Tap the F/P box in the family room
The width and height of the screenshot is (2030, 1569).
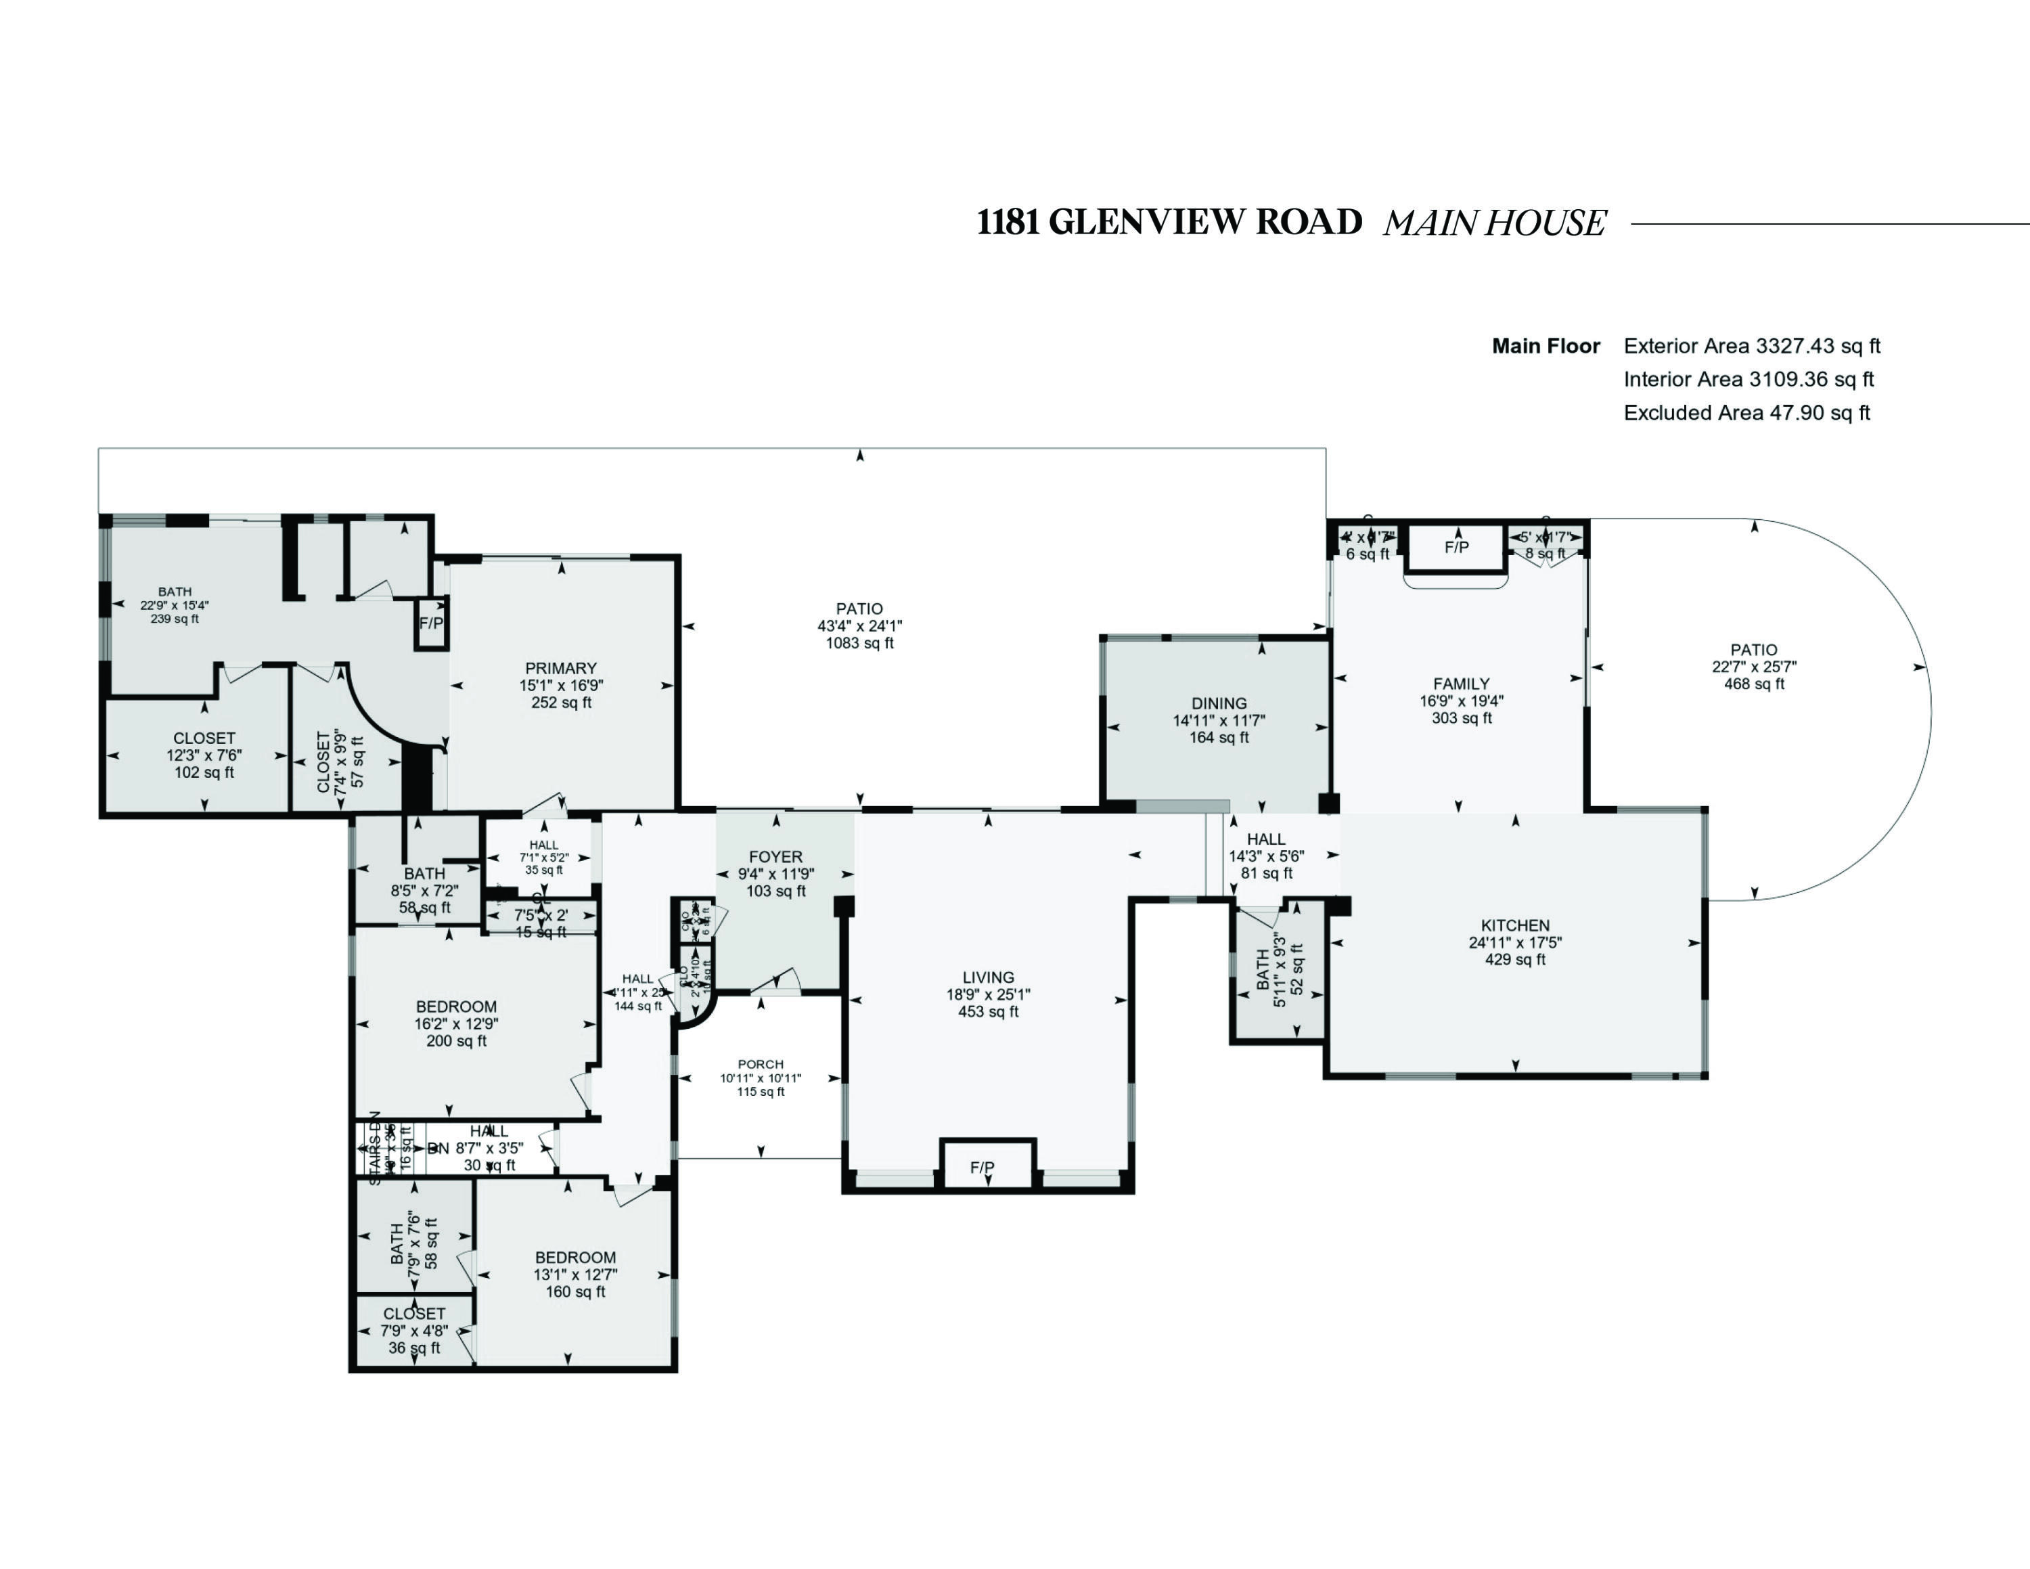1456,548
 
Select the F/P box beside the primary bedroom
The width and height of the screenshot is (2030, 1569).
431,623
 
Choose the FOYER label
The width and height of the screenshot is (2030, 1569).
775,856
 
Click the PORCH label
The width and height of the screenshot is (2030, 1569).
761,1063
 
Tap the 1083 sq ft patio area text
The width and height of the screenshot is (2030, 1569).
860,643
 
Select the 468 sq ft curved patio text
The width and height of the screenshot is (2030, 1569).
1754,684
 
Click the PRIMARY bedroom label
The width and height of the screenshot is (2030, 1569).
560,667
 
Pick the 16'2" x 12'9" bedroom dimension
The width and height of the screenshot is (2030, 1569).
456,1023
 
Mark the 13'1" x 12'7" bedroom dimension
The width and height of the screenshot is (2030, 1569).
575,1275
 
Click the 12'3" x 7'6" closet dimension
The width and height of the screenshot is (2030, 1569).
204,755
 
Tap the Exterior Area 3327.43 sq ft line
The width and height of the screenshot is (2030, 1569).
1751,346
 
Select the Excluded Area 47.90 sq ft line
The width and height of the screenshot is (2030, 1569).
1746,413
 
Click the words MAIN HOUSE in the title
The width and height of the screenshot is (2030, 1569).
1493,223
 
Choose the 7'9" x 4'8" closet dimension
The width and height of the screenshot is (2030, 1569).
413,1330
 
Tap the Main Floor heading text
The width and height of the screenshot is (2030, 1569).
1546,346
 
